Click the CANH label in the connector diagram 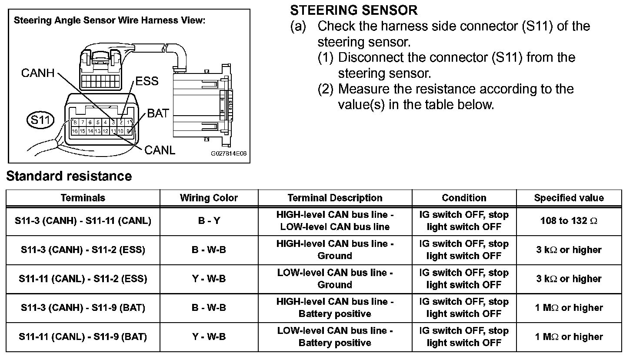pos(38,73)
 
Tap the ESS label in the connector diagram pos(147,81)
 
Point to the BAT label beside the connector pos(158,114)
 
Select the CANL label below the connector pos(160,150)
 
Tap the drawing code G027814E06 pos(229,154)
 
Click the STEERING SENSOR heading pos(353,10)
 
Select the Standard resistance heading pos(69,176)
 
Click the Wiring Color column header pos(209,198)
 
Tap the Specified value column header pos(569,198)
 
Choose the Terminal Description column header pos(335,198)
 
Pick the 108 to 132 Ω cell pos(569,221)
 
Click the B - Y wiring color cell pos(209,221)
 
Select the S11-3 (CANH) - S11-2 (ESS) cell pos(83,250)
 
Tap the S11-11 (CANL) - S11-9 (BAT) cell pos(83,337)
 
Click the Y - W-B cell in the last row pos(209,337)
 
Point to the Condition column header pos(464,198)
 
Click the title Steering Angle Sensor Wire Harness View pos(110,20)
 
